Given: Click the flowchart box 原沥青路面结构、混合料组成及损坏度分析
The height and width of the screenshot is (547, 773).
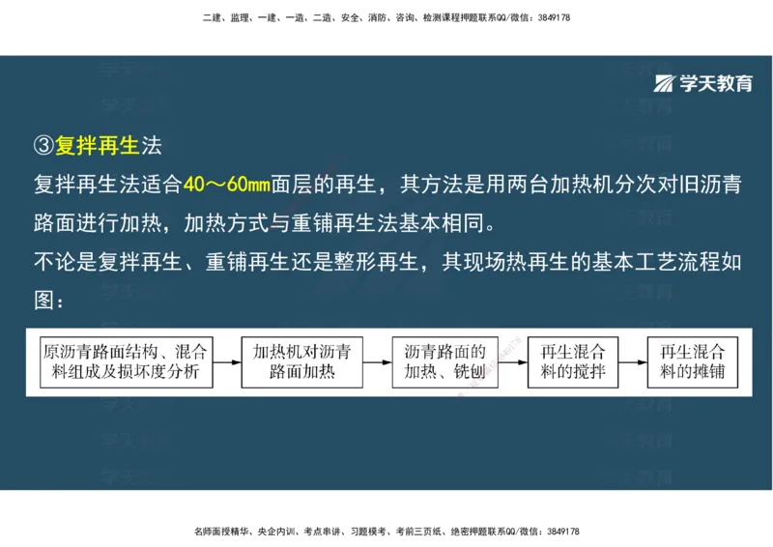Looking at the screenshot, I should [127, 361].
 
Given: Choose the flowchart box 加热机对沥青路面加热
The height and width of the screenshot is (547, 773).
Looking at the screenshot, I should [301, 361].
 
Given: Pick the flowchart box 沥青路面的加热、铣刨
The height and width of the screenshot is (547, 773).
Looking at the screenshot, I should [444, 361].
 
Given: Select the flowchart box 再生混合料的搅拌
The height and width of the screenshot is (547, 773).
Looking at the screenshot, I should [572, 361].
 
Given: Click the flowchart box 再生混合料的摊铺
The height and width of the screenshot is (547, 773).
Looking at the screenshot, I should [691, 361].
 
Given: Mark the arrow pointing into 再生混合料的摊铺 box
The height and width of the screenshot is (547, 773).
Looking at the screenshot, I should [633, 362].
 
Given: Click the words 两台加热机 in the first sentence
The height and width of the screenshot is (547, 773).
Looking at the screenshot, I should [555, 184].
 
